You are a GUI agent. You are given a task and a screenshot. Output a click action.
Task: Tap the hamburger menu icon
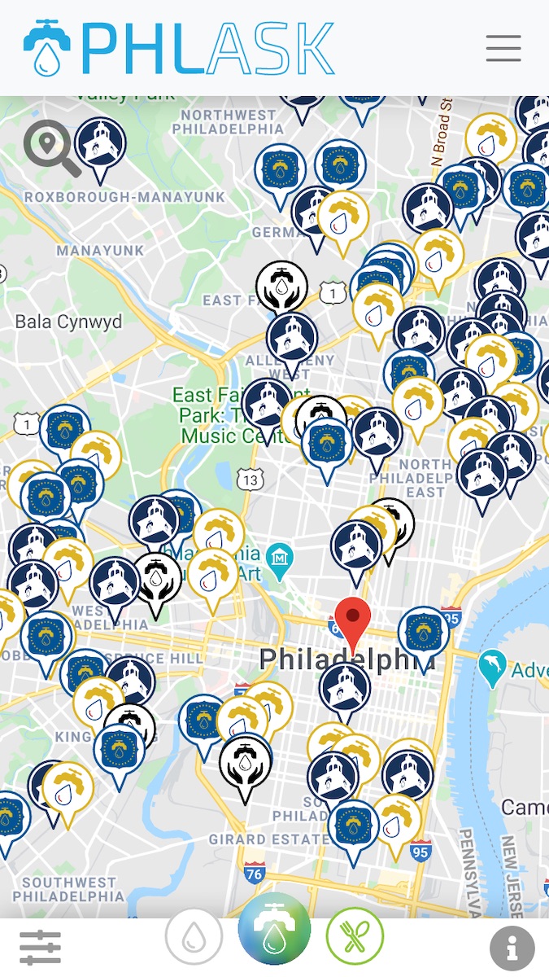[x=503, y=49]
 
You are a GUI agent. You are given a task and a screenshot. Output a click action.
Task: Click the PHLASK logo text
[x=207, y=49]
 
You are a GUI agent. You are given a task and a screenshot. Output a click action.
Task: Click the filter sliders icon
[x=40, y=947]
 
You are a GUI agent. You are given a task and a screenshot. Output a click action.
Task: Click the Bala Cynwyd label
[x=68, y=322]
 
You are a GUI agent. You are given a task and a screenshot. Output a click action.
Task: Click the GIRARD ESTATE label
[x=259, y=839]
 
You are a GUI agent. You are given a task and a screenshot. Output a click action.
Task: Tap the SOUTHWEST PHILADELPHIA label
[x=69, y=889]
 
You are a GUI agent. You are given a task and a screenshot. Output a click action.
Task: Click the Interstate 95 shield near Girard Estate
[x=420, y=852]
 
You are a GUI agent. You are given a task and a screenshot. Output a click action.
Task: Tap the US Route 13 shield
[x=251, y=480]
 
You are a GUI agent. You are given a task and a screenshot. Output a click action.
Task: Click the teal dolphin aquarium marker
[x=492, y=667]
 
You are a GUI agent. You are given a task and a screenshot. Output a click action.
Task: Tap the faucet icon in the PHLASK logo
[x=46, y=49]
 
